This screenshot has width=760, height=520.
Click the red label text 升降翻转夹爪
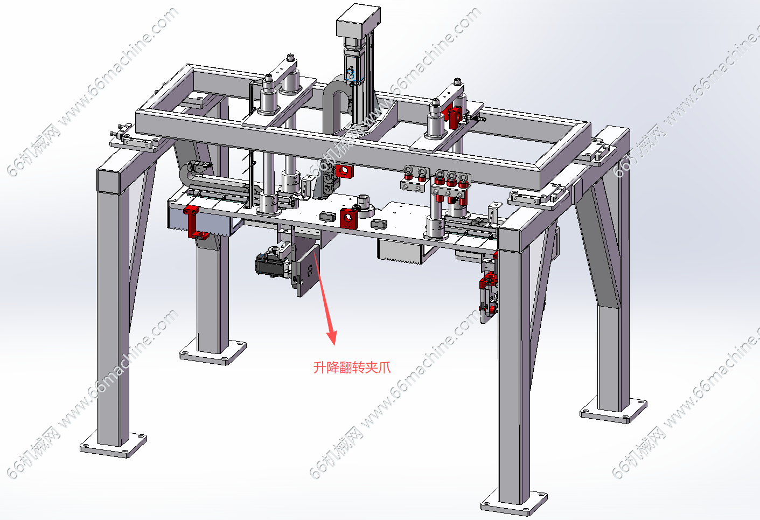(x=352, y=368)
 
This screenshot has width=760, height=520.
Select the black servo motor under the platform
(x=271, y=265)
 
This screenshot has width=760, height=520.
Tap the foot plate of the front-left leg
(x=114, y=445)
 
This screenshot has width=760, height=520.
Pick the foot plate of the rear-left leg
(x=213, y=352)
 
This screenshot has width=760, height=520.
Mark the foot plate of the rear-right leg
(x=613, y=410)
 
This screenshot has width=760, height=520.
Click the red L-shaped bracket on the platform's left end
(x=194, y=223)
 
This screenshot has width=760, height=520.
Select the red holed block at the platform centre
(x=348, y=219)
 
